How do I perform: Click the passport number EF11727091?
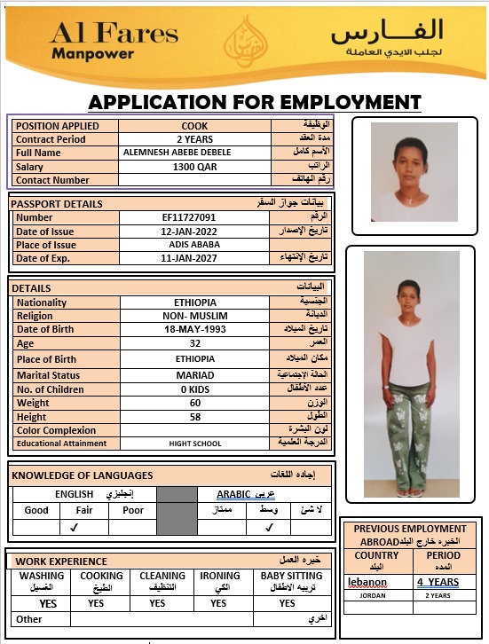189,217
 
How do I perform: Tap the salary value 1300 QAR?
194,167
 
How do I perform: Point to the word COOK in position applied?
194,126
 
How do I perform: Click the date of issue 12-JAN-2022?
189,232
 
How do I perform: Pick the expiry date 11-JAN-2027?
189,258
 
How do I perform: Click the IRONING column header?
219,576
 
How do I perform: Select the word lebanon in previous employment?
367,582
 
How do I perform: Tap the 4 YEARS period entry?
438,582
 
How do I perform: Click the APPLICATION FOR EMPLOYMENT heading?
254,101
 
